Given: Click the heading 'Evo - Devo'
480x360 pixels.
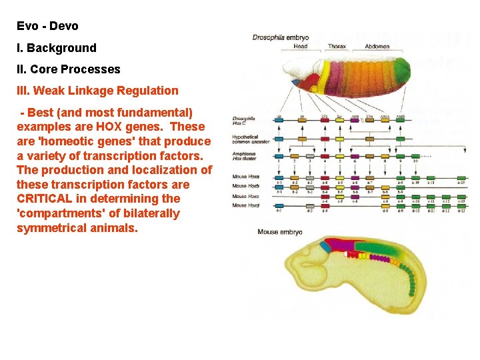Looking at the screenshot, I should (x=47, y=27).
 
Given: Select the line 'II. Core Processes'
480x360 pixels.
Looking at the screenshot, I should (x=69, y=69).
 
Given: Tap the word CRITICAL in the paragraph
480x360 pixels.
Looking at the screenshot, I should (x=51, y=199).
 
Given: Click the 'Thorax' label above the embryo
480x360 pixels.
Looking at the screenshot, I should (x=337, y=47).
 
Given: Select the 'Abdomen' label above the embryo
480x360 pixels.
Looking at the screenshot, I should (x=377, y=47).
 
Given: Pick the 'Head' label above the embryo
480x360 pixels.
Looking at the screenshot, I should (x=301, y=47).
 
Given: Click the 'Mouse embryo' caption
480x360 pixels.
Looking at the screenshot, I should (x=279, y=232).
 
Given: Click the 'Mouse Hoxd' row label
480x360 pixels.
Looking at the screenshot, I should (x=245, y=205).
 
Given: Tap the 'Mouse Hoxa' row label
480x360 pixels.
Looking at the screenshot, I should (x=245, y=177).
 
